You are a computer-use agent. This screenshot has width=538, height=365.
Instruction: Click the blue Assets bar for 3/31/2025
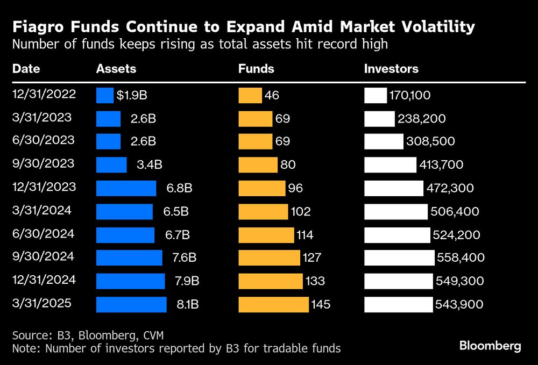coord(131,304)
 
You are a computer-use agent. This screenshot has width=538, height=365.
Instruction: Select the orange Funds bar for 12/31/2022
coord(250,96)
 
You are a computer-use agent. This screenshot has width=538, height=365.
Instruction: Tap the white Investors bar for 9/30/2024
coord(399,258)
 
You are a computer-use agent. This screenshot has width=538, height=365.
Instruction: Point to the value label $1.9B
coord(132,96)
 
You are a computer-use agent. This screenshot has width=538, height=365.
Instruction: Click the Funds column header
coord(256,69)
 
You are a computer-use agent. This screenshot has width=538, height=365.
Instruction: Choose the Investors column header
coord(391,69)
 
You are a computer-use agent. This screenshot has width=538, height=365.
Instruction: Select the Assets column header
coord(116,69)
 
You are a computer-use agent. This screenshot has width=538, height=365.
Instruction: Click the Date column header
coord(26,69)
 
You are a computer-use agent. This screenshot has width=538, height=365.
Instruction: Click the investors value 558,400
coord(460,258)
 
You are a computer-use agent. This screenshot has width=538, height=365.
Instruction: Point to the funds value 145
coord(321,304)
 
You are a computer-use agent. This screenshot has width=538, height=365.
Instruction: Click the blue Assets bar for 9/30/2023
coord(111,165)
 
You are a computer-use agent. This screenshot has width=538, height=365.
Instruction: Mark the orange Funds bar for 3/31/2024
coord(263,211)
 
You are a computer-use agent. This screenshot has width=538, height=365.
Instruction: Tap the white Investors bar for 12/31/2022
coord(376,96)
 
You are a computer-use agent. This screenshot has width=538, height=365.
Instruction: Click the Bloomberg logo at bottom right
coord(490,346)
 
